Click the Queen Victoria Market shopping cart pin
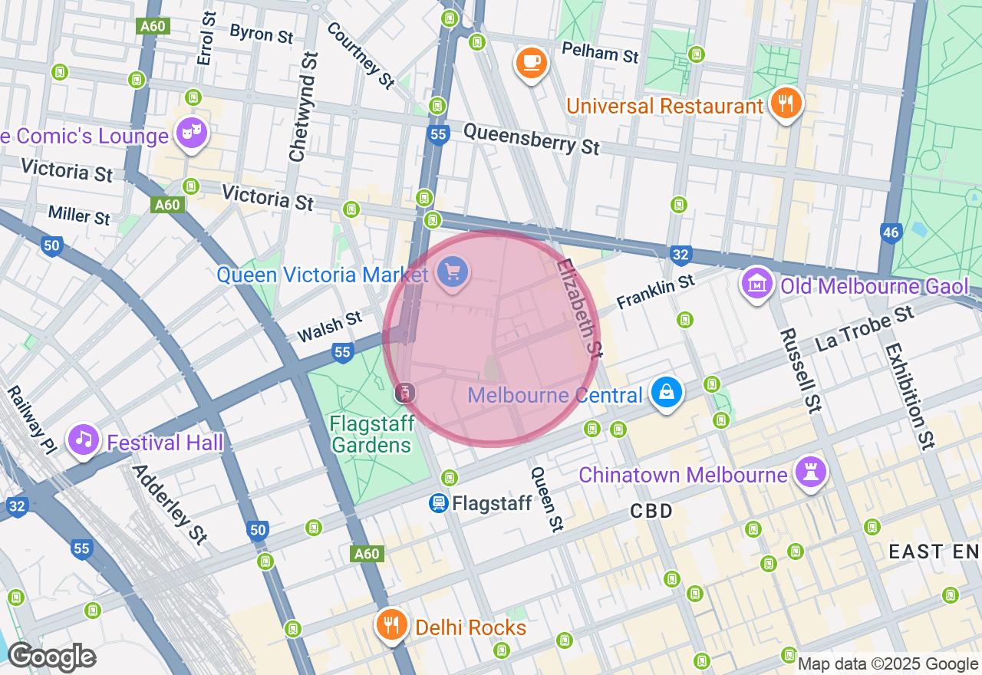click(x=453, y=271)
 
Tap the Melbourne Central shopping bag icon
click(x=666, y=392)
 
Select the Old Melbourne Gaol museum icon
click(x=756, y=284)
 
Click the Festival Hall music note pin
click(x=84, y=440)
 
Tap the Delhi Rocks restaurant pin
click(x=391, y=624)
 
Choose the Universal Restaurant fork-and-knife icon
click(x=785, y=103)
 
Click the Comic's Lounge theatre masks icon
click(x=190, y=133)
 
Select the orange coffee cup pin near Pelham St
click(x=531, y=61)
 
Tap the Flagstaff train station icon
click(x=439, y=503)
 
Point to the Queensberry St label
click(x=531, y=138)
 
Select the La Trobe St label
click(x=865, y=328)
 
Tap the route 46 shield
click(x=891, y=233)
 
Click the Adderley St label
click(x=170, y=504)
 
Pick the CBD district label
click(x=651, y=511)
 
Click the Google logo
click(x=51, y=657)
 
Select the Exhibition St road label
click(x=910, y=394)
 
